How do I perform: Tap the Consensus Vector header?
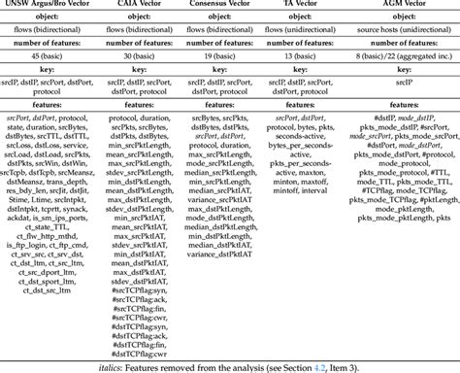(x=223, y=7)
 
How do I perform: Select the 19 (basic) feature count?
(x=223, y=58)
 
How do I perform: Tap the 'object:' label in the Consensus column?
(x=223, y=19)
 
